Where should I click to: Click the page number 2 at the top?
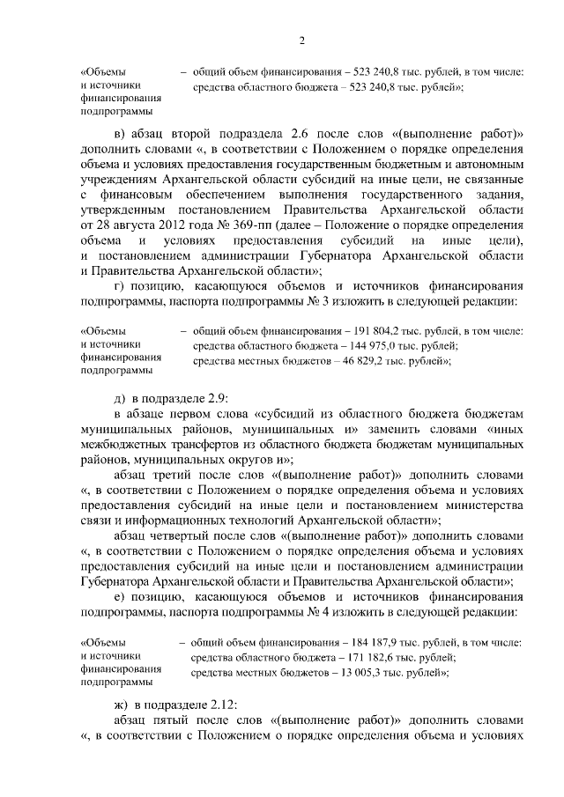coord(301,40)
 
